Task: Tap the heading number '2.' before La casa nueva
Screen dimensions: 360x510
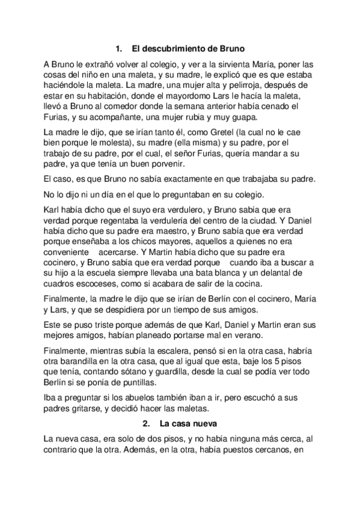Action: point(147,423)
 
